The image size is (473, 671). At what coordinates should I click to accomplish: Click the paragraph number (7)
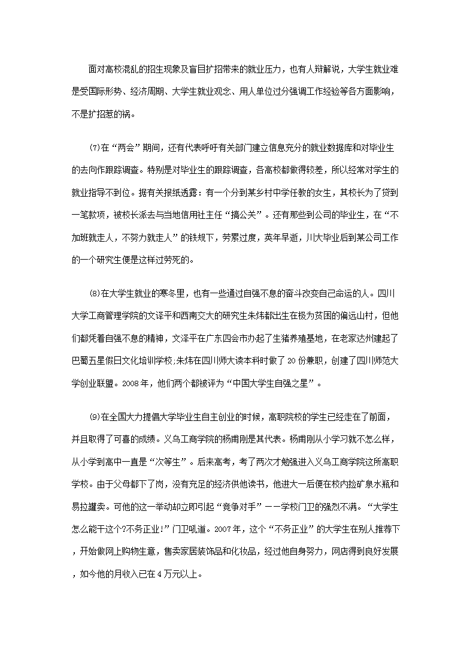pyautogui.click(x=95, y=148)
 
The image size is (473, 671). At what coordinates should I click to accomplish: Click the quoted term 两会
pyautogui.click(x=130, y=148)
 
